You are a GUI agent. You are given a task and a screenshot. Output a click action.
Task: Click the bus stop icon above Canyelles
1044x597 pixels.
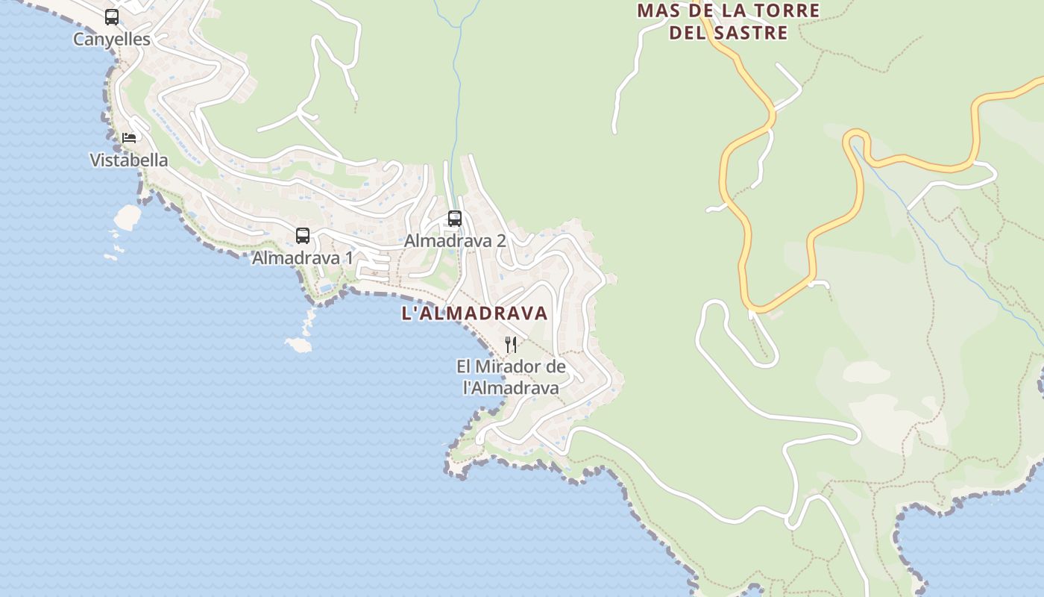(x=112, y=16)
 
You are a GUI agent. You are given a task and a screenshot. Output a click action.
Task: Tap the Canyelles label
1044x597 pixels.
(x=112, y=40)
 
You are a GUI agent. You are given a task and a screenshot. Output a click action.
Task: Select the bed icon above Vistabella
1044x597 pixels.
(x=129, y=138)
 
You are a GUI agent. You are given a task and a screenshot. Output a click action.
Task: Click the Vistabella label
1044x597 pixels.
(x=129, y=160)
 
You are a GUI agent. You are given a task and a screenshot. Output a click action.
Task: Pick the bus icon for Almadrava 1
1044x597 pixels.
(x=302, y=236)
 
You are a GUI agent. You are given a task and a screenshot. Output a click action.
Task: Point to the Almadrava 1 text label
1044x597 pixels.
(x=302, y=258)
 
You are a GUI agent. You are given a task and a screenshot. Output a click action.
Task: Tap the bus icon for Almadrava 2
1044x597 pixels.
(x=454, y=219)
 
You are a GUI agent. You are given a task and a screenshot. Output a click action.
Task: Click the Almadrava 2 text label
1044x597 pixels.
(x=455, y=241)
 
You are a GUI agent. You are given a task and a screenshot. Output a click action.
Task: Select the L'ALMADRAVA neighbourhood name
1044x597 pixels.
(x=475, y=313)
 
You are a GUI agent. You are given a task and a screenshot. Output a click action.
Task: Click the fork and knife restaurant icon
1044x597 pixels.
(x=511, y=344)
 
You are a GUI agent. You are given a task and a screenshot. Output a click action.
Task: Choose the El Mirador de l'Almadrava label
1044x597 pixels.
(x=511, y=377)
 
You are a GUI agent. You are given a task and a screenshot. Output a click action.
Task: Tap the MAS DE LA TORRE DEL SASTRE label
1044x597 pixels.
(x=729, y=22)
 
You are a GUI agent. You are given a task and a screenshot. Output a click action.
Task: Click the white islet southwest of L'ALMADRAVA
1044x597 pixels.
(x=298, y=345)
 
